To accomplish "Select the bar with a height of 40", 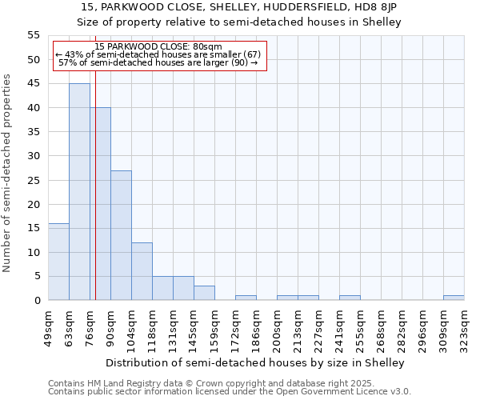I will (100, 204).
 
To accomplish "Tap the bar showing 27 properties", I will (121, 235).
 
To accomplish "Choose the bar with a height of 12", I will (142, 271).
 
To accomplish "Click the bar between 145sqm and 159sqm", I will (204, 293).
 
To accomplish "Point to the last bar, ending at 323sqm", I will (454, 298).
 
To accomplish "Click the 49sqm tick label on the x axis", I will (48, 326).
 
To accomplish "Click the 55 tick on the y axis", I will (34, 35).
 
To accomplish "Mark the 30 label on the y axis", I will (34, 156).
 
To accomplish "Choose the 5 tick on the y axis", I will (37, 276).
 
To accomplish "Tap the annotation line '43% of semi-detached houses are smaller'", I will (158, 54).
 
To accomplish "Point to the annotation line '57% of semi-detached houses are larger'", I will (158, 62).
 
